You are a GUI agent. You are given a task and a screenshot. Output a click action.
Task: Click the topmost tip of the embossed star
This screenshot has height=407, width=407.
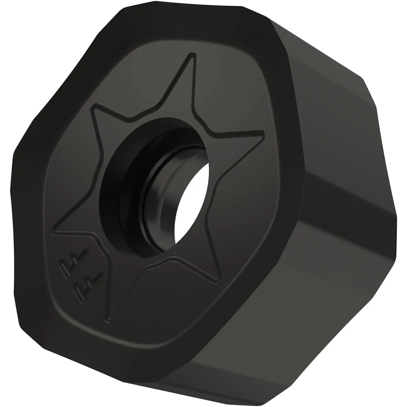click(x=192, y=56)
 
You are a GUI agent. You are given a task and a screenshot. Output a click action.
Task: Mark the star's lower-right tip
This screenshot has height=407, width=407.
click(x=219, y=280)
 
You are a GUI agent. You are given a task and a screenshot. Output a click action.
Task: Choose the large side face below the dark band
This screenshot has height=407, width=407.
click(x=309, y=293)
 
